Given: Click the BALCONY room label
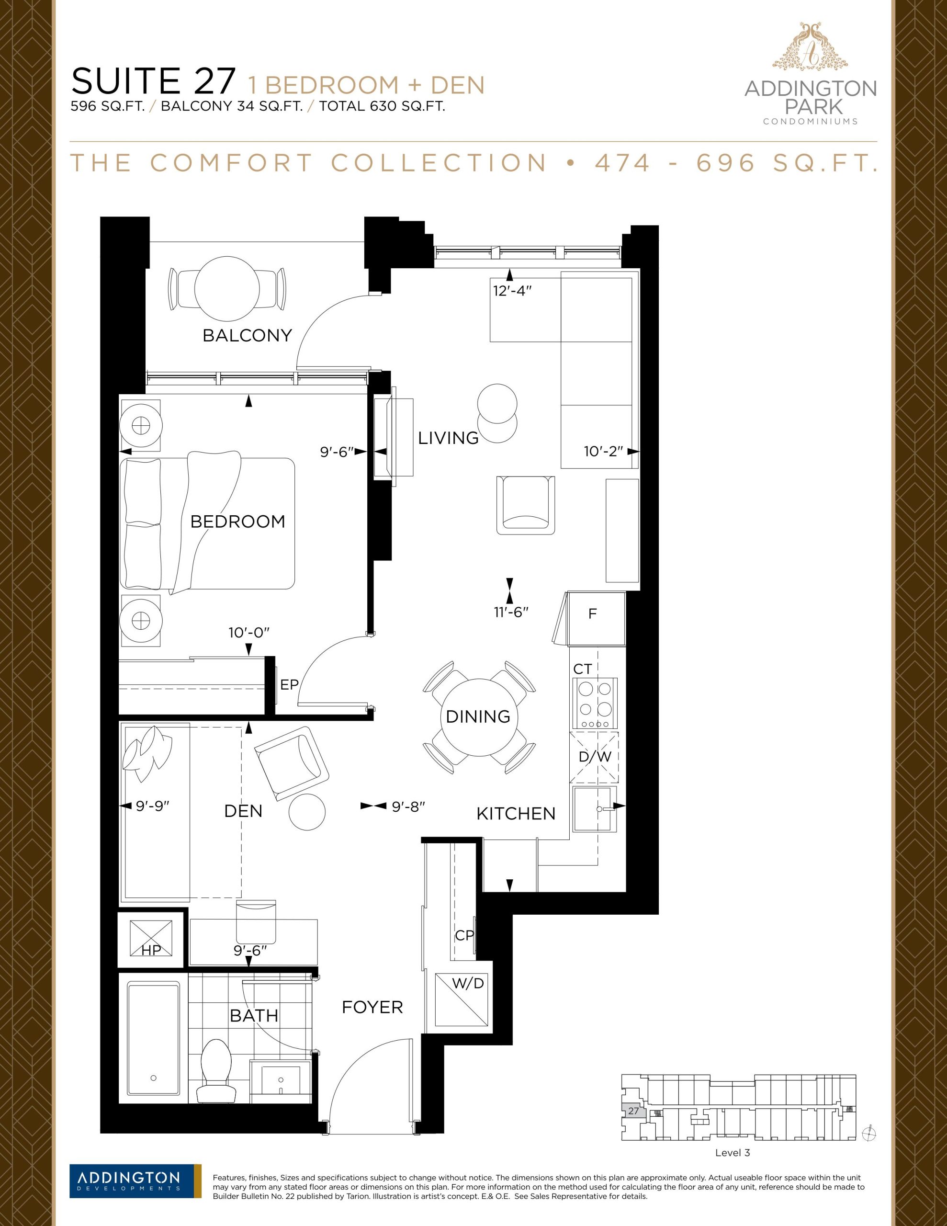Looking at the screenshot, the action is tap(247, 335).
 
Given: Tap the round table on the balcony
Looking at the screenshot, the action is tap(227, 288).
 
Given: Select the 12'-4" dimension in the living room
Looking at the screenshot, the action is tap(512, 291).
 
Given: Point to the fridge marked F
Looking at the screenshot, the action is tap(596, 618).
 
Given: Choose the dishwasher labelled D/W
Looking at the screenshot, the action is tap(595, 757).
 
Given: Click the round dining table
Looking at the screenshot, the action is tap(478, 717).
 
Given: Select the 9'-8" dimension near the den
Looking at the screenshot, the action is tap(408, 806).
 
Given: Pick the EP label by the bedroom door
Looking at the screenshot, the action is tap(289, 684).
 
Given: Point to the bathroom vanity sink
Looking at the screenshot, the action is tap(281, 1078).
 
